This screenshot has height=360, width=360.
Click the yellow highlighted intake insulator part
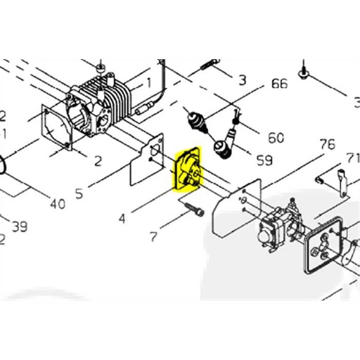[187, 169]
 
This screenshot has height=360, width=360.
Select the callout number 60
[276, 138]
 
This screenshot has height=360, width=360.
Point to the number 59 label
[264, 161]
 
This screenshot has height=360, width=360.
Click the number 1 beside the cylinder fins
[148, 82]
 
